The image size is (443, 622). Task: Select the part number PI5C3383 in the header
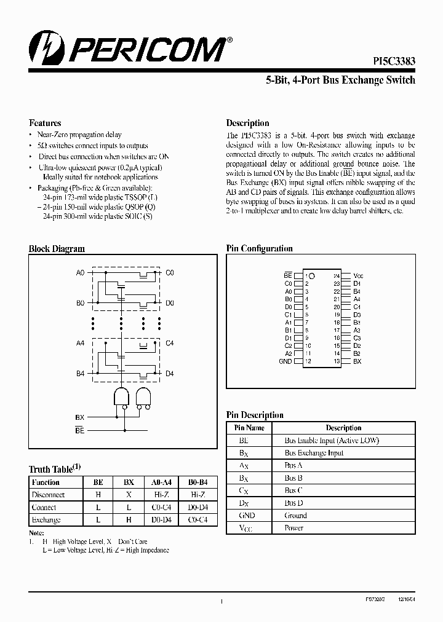(394, 62)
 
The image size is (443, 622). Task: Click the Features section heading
(45, 123)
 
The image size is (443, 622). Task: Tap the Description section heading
(247, 123)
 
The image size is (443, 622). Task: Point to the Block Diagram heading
(57, 249)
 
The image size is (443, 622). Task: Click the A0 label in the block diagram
(80, 272)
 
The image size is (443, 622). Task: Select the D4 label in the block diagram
(170, 374)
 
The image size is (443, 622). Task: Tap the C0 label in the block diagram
(170, 272)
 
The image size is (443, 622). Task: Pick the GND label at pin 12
(285, 362)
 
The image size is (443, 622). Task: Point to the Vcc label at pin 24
(358, 277)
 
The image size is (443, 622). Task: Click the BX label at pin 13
(357, 362)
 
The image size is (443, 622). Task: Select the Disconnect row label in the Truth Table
(48, 495)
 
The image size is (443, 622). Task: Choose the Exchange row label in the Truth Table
(46, 520)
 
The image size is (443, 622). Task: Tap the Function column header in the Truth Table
(46, 482)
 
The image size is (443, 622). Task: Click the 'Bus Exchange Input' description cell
(314, 453)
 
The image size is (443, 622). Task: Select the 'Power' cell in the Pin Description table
(294, 528)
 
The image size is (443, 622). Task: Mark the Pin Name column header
(249, 428)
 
